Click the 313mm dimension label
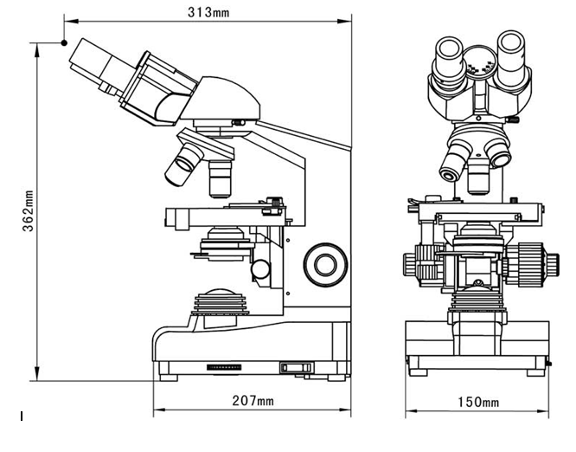coord(208,12)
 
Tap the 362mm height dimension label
coord(28,211)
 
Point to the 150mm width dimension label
coord(478,402)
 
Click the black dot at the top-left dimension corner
coord(63,42)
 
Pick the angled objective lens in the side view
coord(184,164)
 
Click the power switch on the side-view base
coord(294,368)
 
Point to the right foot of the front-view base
coord(538,371)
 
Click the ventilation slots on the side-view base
coord(225,368)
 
